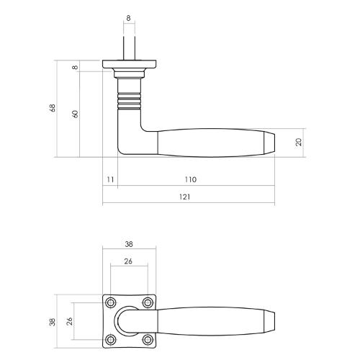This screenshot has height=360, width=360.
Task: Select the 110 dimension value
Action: (x=189, y=179)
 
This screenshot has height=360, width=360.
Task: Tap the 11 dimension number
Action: (x=109, y=179)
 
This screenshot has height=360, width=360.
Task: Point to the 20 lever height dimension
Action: (x=298, y=143)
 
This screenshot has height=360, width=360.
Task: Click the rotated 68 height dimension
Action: (x=52, y=109)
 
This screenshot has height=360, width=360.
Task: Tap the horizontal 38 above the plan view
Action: (x=129, y=244)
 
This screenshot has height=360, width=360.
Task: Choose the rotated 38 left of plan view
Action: (x=53, y=320)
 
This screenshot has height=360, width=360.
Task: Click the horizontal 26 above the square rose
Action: (x=129, y=261)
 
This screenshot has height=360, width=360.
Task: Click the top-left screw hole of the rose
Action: (x=112, y=302)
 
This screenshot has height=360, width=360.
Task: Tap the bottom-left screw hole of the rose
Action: (x=112, y=338)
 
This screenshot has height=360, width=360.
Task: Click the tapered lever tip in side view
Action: (x=270, y=142)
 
